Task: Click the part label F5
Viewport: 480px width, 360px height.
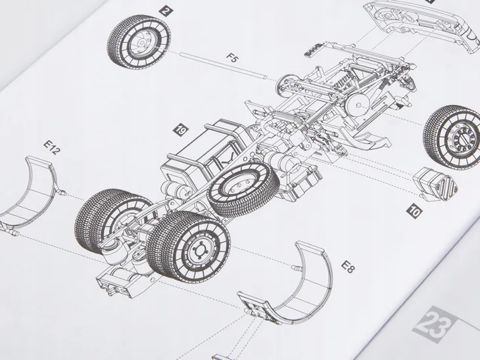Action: tap(232, 58)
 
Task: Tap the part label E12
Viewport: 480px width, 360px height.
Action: tap(51, 147)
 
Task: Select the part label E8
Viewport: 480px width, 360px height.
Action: tap(348, 267)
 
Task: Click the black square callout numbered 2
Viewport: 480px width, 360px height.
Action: tap(166, 12)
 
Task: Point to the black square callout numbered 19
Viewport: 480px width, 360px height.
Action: tap(181, 130)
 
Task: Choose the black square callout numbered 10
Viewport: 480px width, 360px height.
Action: tap(414, 212)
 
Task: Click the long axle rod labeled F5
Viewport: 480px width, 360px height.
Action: tap(224, 66)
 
